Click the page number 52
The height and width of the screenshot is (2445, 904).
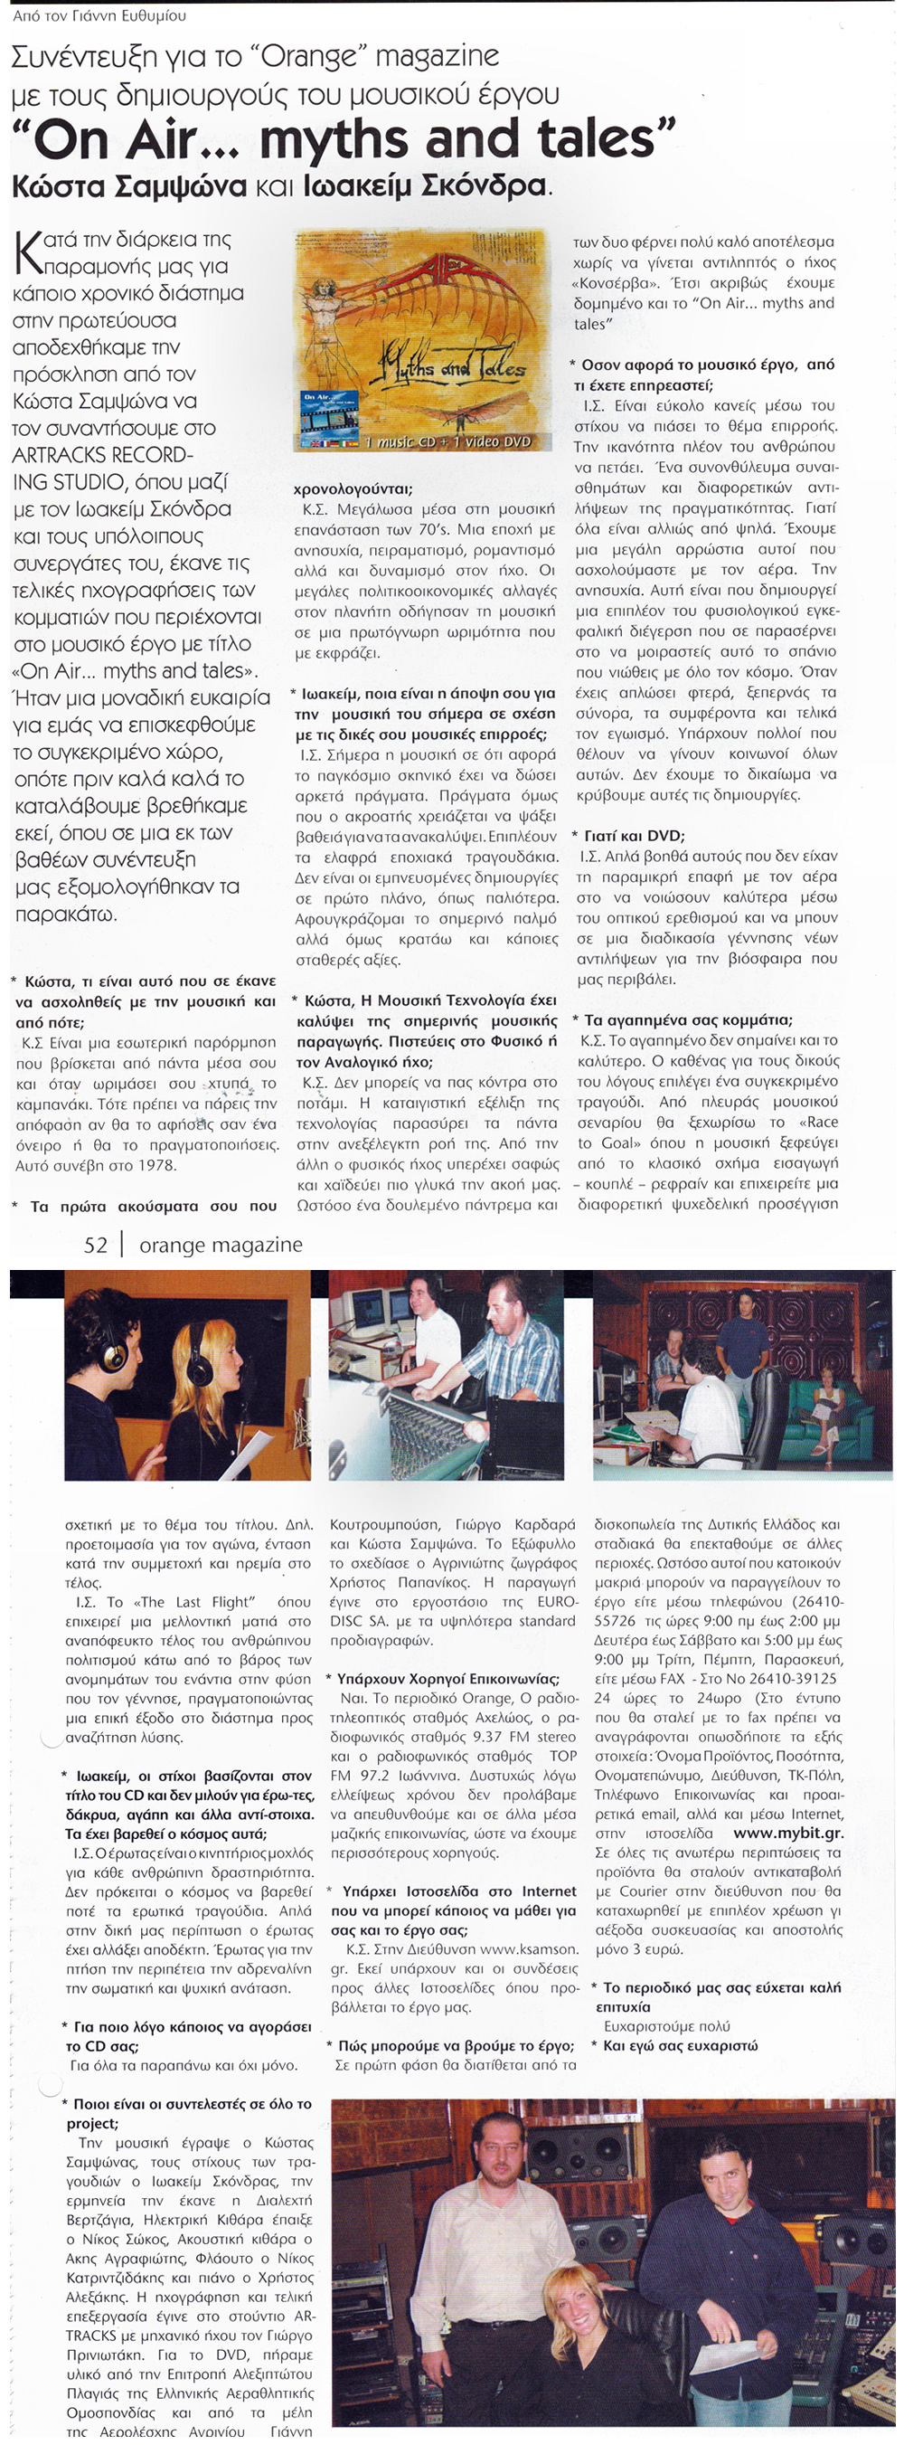coord(95,1245)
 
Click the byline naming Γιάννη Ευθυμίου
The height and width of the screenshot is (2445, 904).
coord(99,16)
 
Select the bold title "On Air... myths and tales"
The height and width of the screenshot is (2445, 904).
coord(344,138)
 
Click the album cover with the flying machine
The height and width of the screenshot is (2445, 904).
coord(422,339)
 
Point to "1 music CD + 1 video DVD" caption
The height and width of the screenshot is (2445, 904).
coord(447,441)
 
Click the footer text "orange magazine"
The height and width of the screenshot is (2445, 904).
coord(220,1245)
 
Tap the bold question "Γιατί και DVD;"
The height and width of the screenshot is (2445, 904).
coord(634,835)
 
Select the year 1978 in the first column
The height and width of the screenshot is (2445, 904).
coord(151,1164)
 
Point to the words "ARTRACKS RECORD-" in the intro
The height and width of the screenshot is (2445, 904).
coord(102,455)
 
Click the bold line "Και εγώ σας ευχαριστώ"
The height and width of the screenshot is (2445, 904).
coord(679,2045)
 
